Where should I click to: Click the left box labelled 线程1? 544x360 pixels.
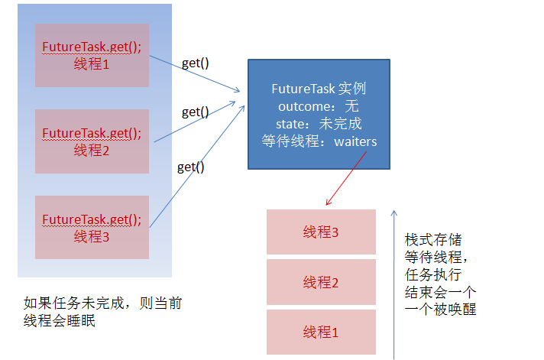pos(92,55)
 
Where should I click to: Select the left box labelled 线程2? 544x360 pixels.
pos(92,141)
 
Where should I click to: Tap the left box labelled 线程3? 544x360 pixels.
pos(92,227)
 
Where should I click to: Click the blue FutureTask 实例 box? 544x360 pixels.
pos(319,114)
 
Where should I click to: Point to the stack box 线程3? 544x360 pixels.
pos(321,232)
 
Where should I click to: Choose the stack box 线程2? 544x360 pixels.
pos(321,282)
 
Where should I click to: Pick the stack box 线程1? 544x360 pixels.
pos(321,332)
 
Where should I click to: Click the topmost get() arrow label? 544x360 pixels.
pos(196,63)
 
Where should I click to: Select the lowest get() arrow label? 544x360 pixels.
pos(191,166)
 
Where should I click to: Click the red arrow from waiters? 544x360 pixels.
pos(347,177)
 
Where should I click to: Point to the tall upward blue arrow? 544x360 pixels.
pos(394,283)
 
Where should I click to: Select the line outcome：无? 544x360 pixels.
pos(319,105)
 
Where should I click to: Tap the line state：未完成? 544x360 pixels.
pos(319,123)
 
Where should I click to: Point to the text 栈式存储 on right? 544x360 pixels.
pos(433,239)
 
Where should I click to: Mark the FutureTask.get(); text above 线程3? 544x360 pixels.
pos(92,219)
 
